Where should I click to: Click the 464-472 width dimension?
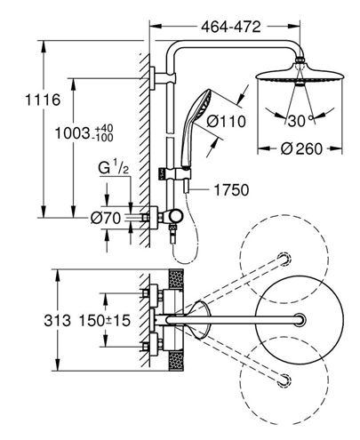[231, 27]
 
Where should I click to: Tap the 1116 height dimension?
[43, 100]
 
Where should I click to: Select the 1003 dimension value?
[72, 133]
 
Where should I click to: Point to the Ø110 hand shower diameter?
[226, 122]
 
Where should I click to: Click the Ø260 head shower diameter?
[301, 148]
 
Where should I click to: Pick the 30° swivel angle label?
[300, 121]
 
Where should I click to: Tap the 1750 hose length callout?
[231, 190]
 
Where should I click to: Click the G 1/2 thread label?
[114, 168]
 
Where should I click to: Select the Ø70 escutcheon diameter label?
[106, 219]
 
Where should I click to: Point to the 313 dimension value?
[58, 320]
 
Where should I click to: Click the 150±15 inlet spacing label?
[105, 320]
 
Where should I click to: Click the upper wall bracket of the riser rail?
[163, 78]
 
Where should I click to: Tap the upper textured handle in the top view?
[176, 279]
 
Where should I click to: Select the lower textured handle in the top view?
[176, 361]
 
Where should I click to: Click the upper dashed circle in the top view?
[284, 259]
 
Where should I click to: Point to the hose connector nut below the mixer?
[172, 228]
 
